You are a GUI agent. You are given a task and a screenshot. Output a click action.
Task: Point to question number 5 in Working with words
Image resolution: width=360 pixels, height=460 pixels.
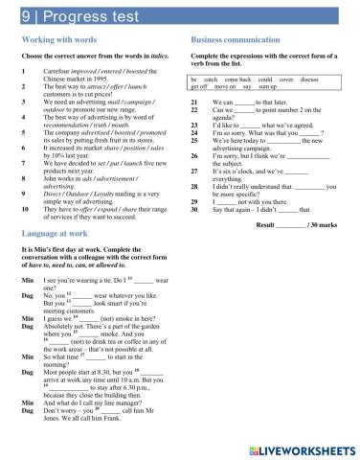(x=24, y=135)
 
